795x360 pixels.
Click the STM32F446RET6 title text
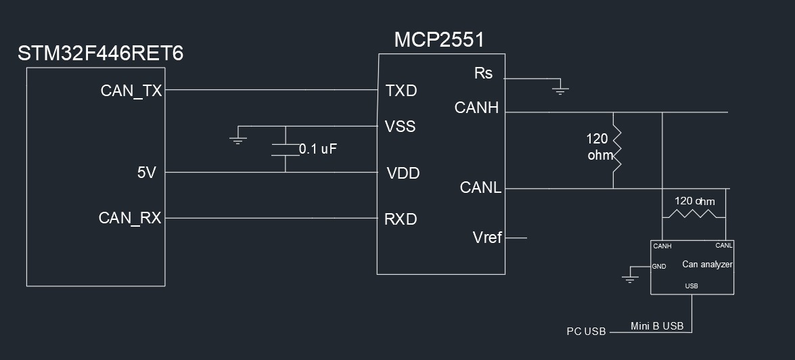pos(100,54)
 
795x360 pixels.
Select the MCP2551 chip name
pos(439,40)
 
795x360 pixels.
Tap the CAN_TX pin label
pos(131,91)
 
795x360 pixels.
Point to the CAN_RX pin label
pos(130,218)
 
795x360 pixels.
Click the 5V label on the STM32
pos(147,173)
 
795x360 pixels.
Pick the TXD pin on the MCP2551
pos(401,91)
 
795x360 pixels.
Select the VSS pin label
pos(401,127)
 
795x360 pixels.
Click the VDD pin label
pos(403,173)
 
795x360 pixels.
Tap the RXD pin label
pos(401,219)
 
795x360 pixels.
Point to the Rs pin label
pos(483,73)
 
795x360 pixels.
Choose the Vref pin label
pos(487,238)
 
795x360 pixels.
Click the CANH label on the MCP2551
pos(476,108)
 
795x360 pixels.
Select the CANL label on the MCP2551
pos(480,187)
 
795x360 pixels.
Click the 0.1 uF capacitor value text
pos(318,150)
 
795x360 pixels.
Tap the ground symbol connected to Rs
pos(559,88)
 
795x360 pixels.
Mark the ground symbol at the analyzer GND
pos(631,278)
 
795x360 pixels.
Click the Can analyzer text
pos(707,265)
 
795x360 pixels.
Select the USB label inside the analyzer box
pos(691,286)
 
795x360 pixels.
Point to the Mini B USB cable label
pos(657,326)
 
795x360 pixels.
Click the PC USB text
pos(586,332)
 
